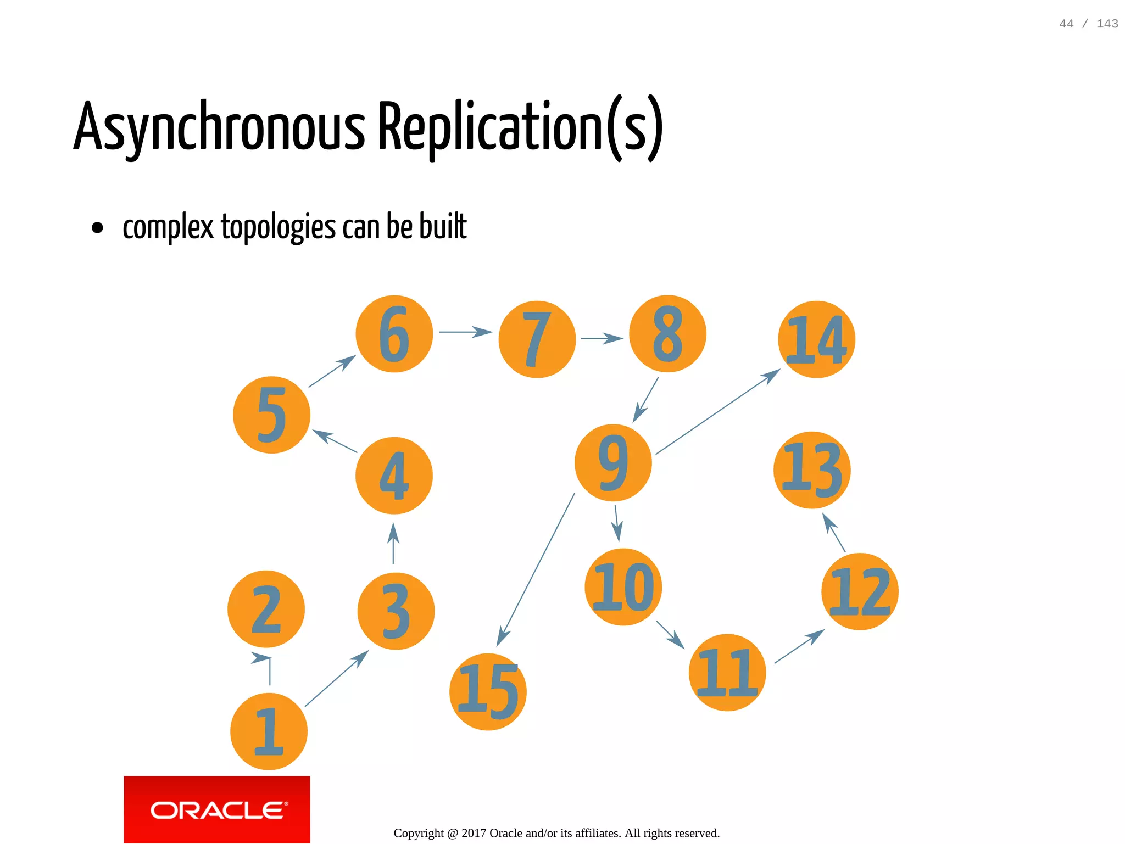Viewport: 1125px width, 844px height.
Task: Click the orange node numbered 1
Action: click(x=269, y=731)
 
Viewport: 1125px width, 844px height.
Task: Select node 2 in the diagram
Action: click(x=266, y=609)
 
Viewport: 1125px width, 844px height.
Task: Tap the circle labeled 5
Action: click(x=271, y=415)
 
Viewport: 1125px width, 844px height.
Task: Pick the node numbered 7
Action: click(x=537, y=339)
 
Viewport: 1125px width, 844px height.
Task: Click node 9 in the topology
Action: click(x=613, y=462)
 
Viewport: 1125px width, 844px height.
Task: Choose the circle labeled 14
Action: click(x=816, y=339)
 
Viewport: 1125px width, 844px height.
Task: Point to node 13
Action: click(x=812, y=470)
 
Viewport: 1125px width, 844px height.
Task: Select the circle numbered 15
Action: click(x=488, y=691)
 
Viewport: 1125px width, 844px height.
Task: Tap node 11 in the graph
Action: click(x=727, y=672)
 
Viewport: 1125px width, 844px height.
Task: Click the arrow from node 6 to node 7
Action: click(x=465, y=332)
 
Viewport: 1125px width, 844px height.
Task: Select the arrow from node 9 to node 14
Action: click(x=717, y=412)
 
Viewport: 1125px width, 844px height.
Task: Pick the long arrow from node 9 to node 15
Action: click(x=536, y=569)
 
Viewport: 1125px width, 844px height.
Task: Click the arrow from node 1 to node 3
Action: click(x=336, y=679)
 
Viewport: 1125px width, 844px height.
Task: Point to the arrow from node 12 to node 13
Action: click(x=833, y=532)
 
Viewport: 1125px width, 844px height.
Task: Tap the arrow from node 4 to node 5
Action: click(x=335, y=441)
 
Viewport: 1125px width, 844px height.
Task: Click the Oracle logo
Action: click(x=217, y=809)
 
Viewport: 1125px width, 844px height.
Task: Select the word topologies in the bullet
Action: click(x=278, y=227)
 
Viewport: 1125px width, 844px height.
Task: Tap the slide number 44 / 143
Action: click(x=1088, y=24)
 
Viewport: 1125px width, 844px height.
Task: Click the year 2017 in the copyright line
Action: click(x=474, y=833)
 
